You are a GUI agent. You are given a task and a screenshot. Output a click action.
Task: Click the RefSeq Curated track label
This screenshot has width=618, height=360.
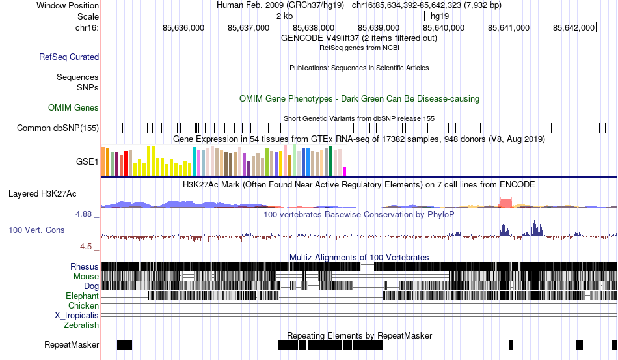[69, 57]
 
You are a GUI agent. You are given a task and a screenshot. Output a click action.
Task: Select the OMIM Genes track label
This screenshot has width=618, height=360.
[74, 107]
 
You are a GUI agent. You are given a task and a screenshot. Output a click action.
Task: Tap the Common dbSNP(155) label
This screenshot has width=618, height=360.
[58, 128]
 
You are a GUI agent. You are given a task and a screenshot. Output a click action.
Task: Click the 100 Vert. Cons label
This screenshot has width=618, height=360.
[38, 230]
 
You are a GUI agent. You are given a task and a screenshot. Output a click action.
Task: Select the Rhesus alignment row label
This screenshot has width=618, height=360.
[85, 266]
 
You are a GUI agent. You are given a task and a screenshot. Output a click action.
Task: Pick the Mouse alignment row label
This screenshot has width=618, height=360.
[87, 276]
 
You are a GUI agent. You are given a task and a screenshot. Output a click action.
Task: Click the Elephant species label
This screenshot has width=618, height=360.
[83, 296]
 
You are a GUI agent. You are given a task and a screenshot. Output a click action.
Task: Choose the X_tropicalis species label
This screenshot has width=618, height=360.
[77, 315]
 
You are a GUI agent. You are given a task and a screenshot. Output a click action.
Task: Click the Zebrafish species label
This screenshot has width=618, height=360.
[81, 325]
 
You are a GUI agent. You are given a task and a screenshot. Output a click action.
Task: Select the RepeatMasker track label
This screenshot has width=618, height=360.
[72, 344]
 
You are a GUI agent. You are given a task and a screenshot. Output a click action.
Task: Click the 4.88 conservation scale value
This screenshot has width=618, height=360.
[85, 214]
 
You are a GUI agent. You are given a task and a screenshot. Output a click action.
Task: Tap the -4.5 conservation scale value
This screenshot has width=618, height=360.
[85, 247]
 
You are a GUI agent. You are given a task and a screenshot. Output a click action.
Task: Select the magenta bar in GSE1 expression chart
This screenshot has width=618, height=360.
[345, 171]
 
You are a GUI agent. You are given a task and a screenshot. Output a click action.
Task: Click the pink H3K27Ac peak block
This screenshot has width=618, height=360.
[505, 202]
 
